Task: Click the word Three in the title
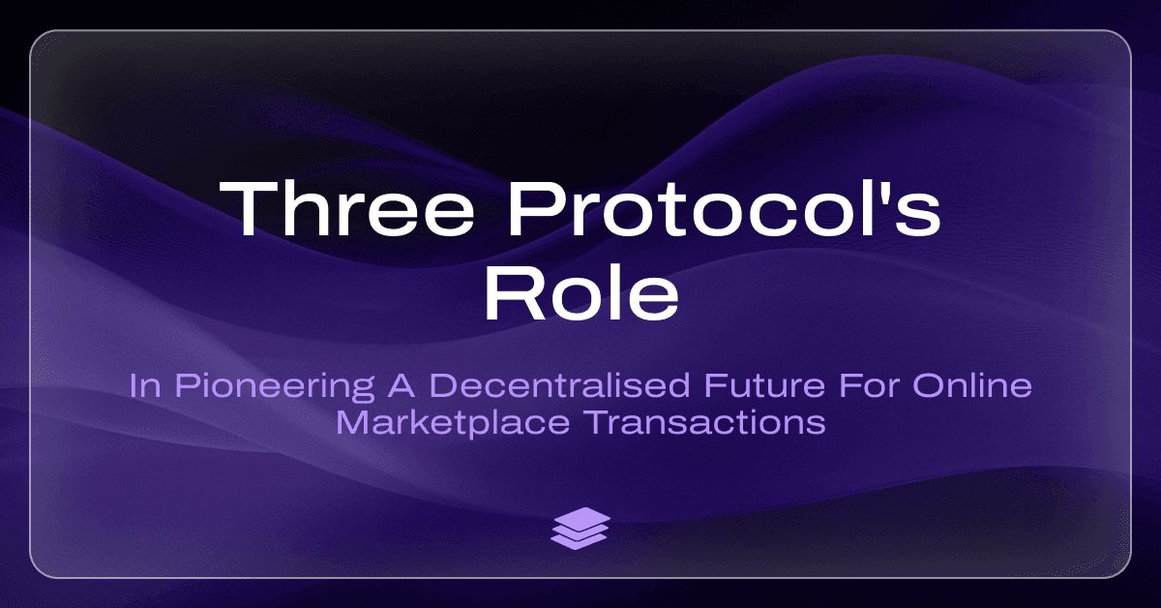click(346, 208)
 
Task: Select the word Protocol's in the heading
click(724, 208)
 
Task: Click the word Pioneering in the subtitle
click(274, 387)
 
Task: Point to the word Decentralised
click(560, 385)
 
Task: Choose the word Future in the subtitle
click(764, 385)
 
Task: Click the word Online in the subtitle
click(972, 385)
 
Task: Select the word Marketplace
click(453, 423)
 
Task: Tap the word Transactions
click(706, 422)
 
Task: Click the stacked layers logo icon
click(580, 528)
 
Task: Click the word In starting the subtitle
click(144, 385)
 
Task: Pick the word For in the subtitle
click(869, 385)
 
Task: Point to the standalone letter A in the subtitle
click(401, 385)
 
